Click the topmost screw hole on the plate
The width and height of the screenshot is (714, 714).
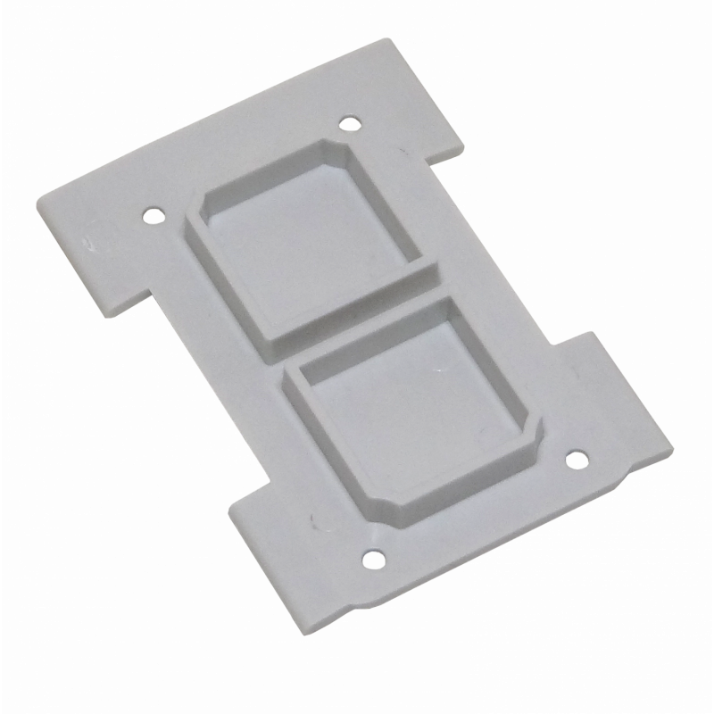(351, 123)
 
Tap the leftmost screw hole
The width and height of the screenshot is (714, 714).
(154, 215)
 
